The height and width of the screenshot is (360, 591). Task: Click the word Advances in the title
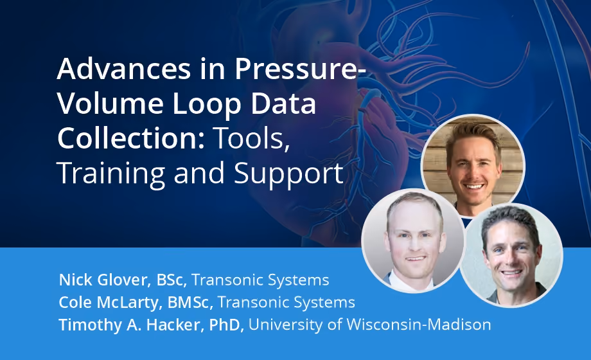(124, 69)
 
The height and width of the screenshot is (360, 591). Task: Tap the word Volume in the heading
(110, 104)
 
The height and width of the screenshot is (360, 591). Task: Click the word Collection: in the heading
(131, 138)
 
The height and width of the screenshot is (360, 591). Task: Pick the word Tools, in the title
(251, 139)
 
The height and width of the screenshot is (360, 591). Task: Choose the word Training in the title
(110, 174)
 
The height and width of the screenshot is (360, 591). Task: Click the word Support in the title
(288, 174)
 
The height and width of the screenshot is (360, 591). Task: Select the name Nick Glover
(103, 280)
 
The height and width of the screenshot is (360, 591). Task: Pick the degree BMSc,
(190, 302)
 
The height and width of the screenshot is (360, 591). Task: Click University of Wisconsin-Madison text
(370, 325)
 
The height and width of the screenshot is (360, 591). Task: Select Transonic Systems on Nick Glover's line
(260, 280)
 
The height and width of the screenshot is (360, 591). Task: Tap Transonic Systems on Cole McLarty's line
(287, 302)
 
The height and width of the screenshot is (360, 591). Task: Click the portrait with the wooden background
(473, 166)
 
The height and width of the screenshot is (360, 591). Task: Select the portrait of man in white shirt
(413, 240)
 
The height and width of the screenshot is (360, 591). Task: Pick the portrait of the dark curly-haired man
(511, 255)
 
